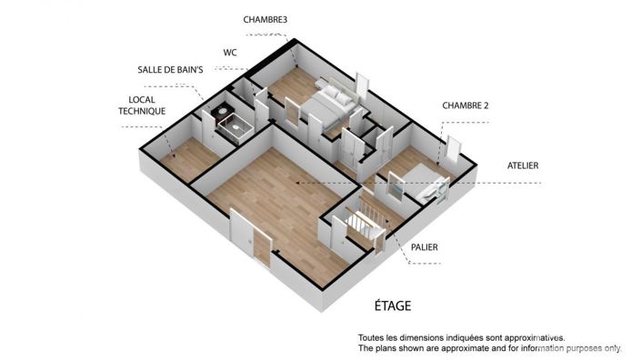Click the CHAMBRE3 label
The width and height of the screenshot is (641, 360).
point(265,18)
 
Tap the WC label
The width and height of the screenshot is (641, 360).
point(229,53)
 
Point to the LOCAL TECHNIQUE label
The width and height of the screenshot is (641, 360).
point(142,105)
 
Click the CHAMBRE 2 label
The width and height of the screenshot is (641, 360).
point(466,105)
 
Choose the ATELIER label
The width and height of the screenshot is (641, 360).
point(523,165)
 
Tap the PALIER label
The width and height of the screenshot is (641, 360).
point(426,245)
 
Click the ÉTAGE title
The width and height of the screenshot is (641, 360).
point(395,305)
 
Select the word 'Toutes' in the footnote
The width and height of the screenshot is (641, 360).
point(373,336)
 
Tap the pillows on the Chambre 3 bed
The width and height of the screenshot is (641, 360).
point(335,95)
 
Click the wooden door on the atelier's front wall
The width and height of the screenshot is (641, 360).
point(262,242)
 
